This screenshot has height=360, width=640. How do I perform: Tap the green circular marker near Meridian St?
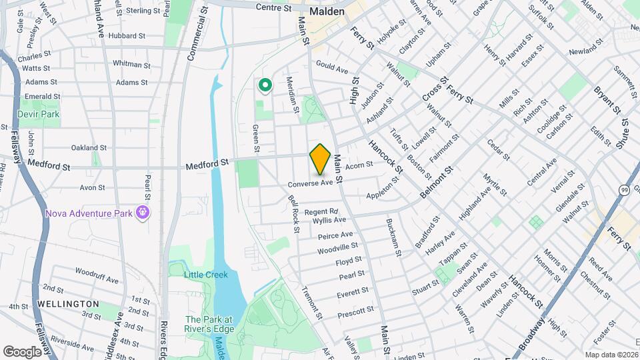point(265,85)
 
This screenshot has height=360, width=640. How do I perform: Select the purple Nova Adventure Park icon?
point(142,213)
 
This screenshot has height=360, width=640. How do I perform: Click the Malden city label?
point(327,12)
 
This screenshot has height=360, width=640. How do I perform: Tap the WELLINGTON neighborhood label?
point(68,304)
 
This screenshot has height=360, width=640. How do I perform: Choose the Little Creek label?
point(206,275)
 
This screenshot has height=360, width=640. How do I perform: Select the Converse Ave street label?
point(310,183)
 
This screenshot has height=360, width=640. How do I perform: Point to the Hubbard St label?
point(126,35)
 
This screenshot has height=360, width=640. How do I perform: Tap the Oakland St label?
point(89,147)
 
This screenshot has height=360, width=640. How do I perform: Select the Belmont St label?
point(436,182)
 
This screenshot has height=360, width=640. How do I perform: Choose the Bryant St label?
point(607,99)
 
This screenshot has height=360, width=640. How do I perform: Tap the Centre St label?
point(274,8)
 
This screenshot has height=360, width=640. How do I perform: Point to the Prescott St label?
point(355,311)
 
